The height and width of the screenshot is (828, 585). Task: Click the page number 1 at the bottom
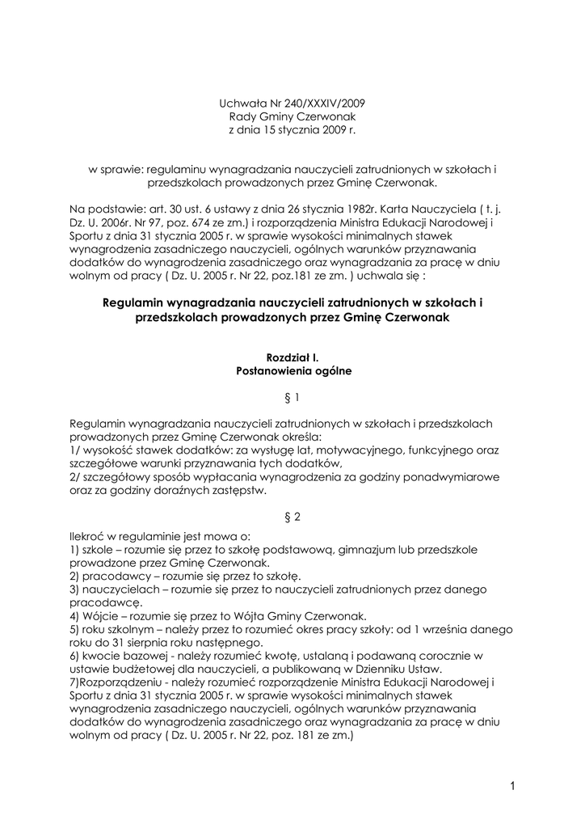[x=513, y=785]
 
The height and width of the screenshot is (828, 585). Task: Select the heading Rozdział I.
[x=292, y=358]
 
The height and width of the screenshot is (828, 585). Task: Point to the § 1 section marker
[x=292, y=398]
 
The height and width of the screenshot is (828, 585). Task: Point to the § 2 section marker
[x=292, y=517]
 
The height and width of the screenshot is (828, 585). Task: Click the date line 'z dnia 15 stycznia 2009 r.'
[x=292, y=129]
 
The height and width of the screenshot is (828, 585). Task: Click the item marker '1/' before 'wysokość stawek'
[x=76, y=450]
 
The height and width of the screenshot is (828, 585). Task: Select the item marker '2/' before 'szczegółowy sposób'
[x=76, y=476]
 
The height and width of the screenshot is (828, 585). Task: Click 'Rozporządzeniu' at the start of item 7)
[x=120, y=681]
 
